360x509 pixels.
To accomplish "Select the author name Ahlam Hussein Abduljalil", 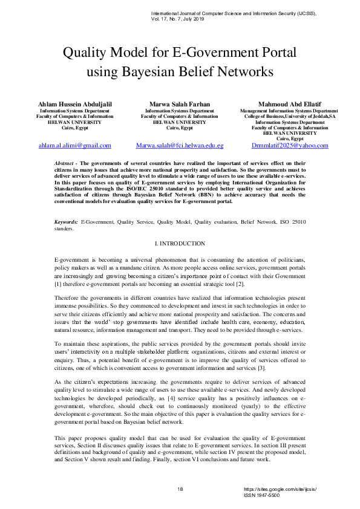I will pos(75,105).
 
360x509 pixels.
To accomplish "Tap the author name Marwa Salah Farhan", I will pos(180,105).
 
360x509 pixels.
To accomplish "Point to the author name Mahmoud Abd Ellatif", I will pos(289,105).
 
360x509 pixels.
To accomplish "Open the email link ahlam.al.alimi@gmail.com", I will pos(75,146).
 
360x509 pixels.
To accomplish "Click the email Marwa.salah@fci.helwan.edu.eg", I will pos(180,146).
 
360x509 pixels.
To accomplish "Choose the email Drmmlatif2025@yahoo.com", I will pos(290,146).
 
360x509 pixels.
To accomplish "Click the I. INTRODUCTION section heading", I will pos(180,243).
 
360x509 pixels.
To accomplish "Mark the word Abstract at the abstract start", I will pos(64,164).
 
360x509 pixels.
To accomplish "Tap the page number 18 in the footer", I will pos(180,488).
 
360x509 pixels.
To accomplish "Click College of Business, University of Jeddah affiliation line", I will pos(289,117).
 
